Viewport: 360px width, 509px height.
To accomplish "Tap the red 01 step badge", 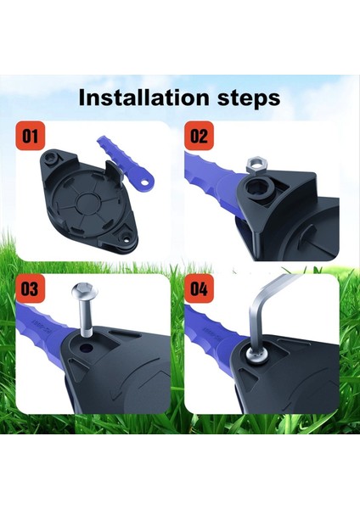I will coord(30,136).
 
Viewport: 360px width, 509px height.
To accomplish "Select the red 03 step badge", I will coord(31,289).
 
